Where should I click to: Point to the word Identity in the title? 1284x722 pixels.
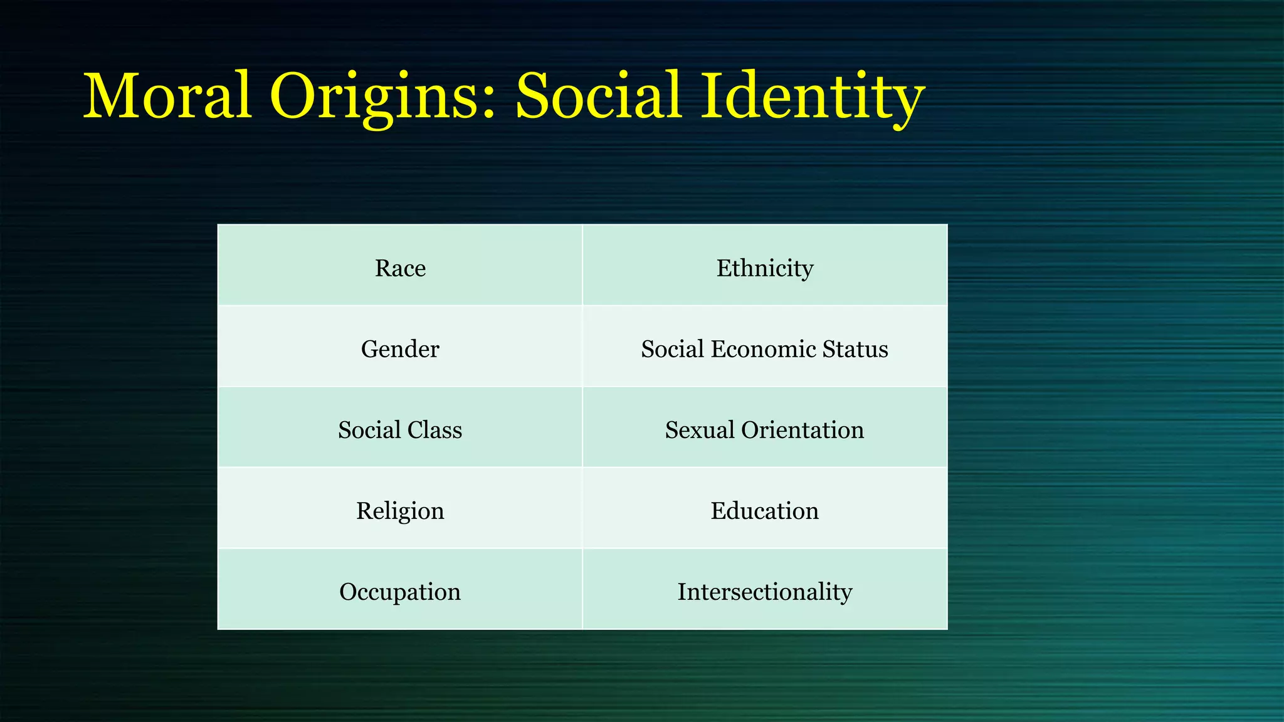pyautogui.click(x=813, y=97)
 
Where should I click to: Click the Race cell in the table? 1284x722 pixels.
pyautogui.click(x=400, y=268)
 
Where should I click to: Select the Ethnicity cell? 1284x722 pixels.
pyautogui.click(x=765, y=268)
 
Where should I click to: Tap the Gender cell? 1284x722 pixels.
pyautogui.click(x=400, y=349)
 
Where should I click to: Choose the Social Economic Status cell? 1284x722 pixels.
pyautogui.click(x=765, y=349)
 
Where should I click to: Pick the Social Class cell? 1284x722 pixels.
pyautogui.click(x=400, y=430)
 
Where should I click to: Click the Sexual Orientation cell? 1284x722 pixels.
pyautogui.click(x=765, y=430)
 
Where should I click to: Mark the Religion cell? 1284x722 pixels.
pyautogui.click(x=400, y=511)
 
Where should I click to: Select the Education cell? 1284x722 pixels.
pyautogui.click(x=765, y=511)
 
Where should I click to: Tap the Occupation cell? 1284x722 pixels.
pyautogui.click(x=400, y=592)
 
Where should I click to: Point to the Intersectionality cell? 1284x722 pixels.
pyautogui.click(x=765, y=592)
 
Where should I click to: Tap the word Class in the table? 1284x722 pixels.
pyautogui.click(x=434, y=430)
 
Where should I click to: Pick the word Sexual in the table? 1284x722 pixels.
pyautogui.click(x=700, y=430)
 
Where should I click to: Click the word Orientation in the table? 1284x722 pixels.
pyautogui.click(x=802, y=430)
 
